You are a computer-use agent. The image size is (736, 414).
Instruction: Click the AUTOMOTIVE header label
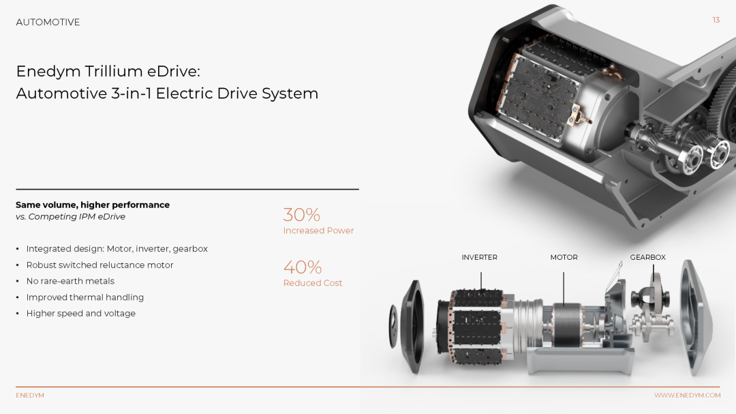tap(48, 22)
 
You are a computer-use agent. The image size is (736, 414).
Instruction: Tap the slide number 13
tap(716, 20)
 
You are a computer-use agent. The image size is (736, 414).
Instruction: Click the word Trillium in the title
tap(114, 71)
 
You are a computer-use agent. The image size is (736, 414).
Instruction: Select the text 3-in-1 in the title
tap(132, 93)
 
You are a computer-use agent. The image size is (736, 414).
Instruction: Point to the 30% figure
tap(301, 215)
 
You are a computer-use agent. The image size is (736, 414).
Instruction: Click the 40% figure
tap(303, 267)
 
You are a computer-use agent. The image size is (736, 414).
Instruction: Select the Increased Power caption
tap(318, 231)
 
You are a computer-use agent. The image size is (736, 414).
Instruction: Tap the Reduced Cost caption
tap(313, 283)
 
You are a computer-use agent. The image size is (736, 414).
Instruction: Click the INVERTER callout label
tap(479, 258)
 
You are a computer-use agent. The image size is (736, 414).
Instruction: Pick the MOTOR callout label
tap(564, 258)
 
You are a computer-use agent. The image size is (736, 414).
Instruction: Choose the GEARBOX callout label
tap(648, 258)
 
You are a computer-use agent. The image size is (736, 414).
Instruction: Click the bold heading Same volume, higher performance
tap(93, 205)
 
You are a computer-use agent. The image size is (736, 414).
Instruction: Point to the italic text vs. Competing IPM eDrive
tap(70, 217)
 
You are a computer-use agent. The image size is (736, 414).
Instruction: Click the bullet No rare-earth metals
tap(70, 281)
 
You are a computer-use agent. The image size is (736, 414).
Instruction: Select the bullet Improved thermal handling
tap(85, 297)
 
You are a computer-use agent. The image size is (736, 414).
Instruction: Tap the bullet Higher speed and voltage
tap(80, 314)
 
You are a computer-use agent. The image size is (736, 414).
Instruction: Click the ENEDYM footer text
tap(30, 395)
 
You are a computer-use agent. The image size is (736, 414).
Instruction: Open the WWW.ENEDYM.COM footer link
tap(687, 395)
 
